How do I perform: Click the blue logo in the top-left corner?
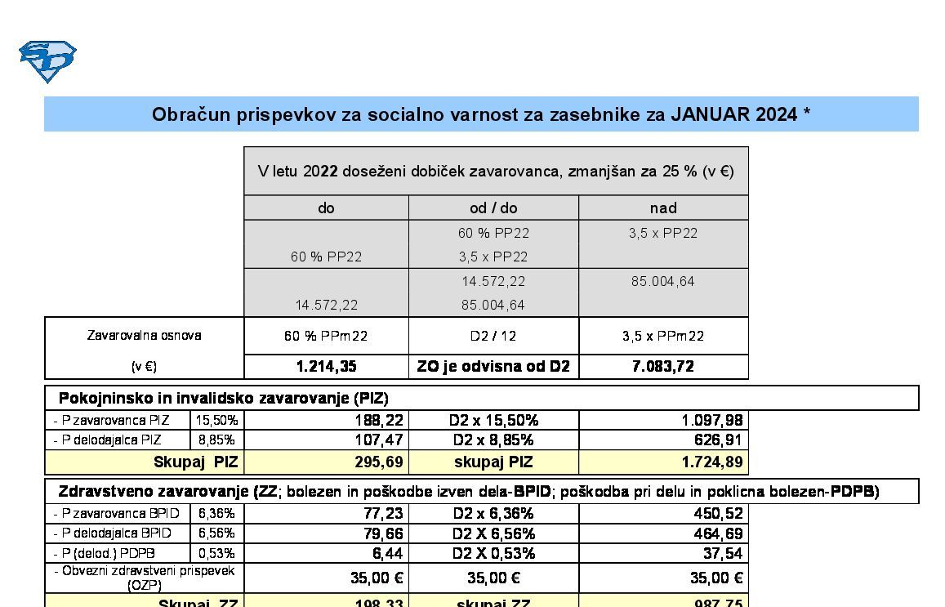click(x=47, y=61)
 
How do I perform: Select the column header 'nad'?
click(x=663, y=208)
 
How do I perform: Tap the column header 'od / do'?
click(x=493, y=208)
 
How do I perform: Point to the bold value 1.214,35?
click(x=326, y=367)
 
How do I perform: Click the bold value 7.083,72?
click(x=663, y=367)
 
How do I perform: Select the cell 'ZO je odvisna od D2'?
click(x=493, y=367)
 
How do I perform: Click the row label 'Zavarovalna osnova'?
click(x=144, y=336)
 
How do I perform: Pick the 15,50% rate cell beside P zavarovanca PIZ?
click(x=216, y=421)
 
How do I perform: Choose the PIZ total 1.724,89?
click(x=711, y=462)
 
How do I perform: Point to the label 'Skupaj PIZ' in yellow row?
click(x=196, y=462)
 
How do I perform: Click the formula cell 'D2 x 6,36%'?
click(x=493, y=514)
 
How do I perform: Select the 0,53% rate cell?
click(x=216, y=553)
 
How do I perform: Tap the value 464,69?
click(x=716, y=533)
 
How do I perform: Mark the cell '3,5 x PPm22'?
click(x=663, y=336)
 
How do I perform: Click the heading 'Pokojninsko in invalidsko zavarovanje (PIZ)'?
click(x=224, y=399)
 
